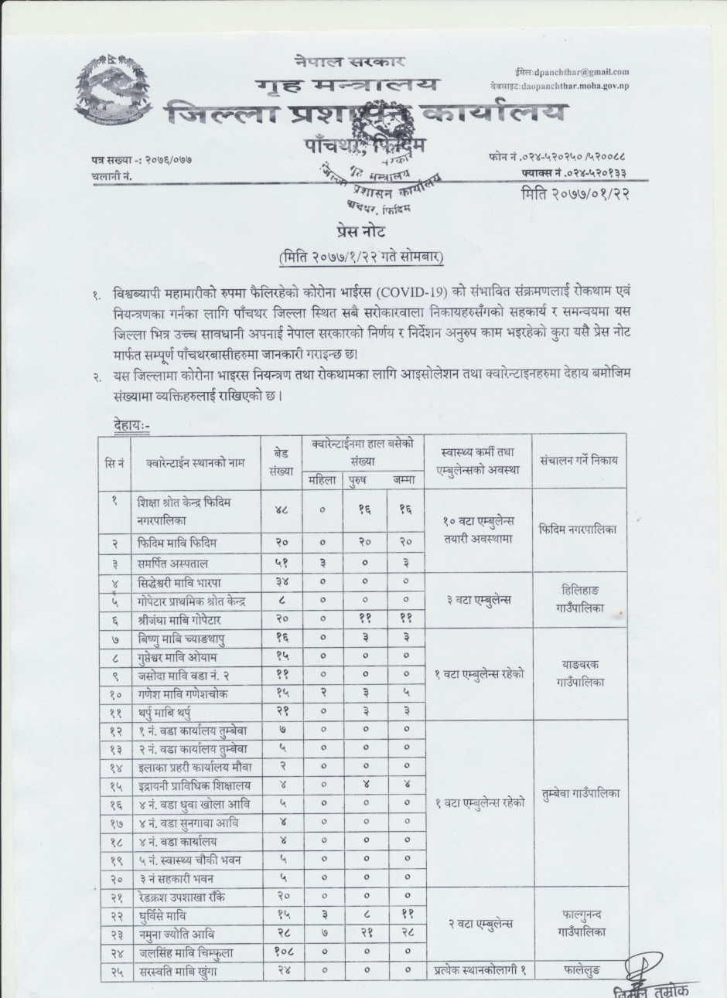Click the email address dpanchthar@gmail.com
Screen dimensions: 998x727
tap(579, 71)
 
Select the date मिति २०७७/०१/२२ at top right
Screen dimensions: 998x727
tap(575, 193)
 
